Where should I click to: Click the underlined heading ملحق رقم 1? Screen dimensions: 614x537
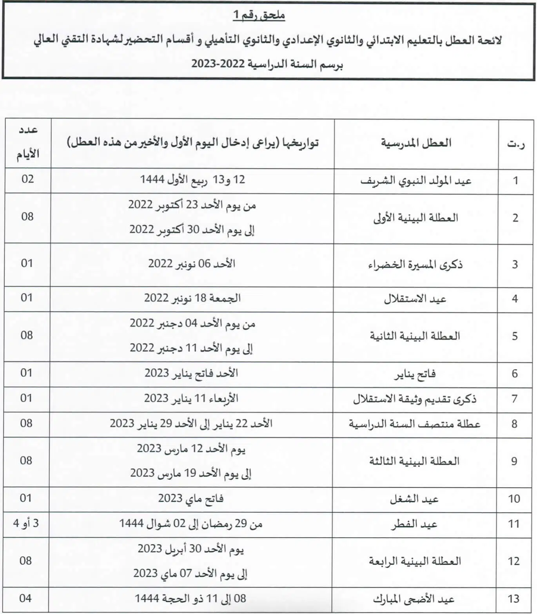(259, 16)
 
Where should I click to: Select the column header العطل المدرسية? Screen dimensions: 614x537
(416, 143)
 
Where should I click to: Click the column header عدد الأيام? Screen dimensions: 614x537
(28, 143)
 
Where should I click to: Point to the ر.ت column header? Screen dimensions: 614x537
(516, 144)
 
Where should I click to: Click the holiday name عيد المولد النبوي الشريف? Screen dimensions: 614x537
(416, 181)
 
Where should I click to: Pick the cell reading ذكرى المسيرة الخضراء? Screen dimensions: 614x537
(415, 264)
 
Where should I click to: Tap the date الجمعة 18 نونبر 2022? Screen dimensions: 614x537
(192, 298)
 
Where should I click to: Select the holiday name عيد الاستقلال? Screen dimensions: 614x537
(415, 299)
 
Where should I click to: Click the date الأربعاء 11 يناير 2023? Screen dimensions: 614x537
(191, 398)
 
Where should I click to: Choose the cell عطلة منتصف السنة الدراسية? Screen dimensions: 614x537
(415, 424)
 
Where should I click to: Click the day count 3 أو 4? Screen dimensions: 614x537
(26, 523)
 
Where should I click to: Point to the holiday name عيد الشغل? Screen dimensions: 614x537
(414, 499)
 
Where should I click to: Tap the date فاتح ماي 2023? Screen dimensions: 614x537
(191, 499)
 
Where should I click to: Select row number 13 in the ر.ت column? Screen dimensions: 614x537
(513, 599)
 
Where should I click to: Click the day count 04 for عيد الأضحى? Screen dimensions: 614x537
(25, 598)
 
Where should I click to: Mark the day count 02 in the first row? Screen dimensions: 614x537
(28, 179)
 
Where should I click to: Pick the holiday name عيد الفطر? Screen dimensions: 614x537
(414, 524)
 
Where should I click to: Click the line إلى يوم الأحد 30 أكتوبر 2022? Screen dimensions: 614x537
(192, 230)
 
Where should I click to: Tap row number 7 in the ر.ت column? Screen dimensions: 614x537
(515, 399)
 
